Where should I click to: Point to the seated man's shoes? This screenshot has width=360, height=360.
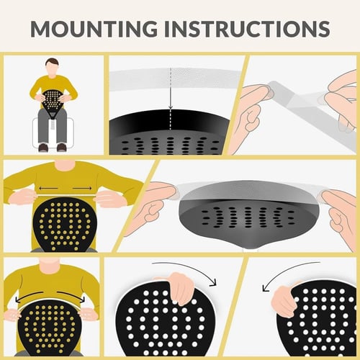pos(53,147)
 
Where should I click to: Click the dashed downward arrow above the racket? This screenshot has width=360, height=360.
pos(171,90)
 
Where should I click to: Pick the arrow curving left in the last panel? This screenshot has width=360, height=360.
pos(288,277)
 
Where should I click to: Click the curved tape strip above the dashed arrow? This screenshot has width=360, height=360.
pos(173,73)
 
